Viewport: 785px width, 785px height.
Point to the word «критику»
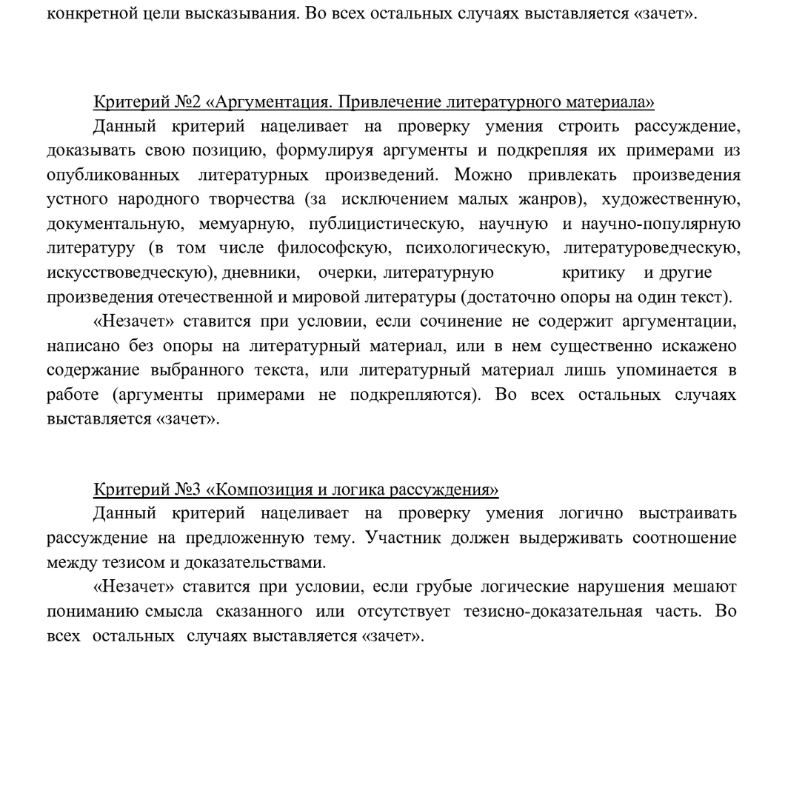pos(593,273)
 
